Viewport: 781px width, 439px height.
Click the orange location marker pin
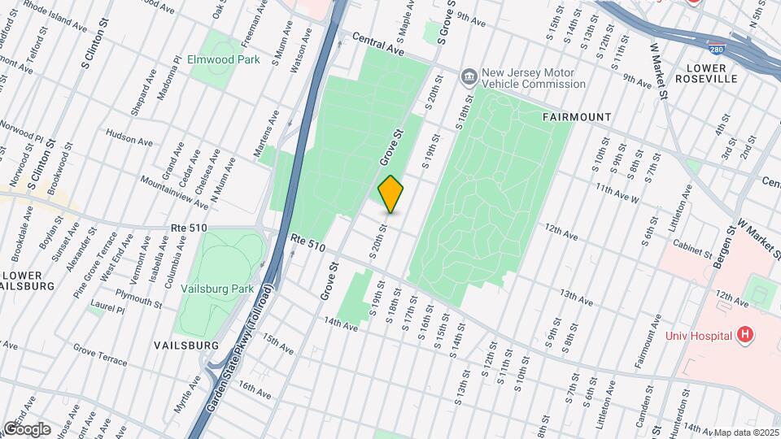point(391,194)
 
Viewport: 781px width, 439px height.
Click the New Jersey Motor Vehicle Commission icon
point(469,77)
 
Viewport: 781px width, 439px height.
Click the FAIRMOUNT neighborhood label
point(577,117)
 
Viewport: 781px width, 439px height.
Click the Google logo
point(26,428)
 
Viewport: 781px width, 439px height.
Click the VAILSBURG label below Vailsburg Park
point(186,346)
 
